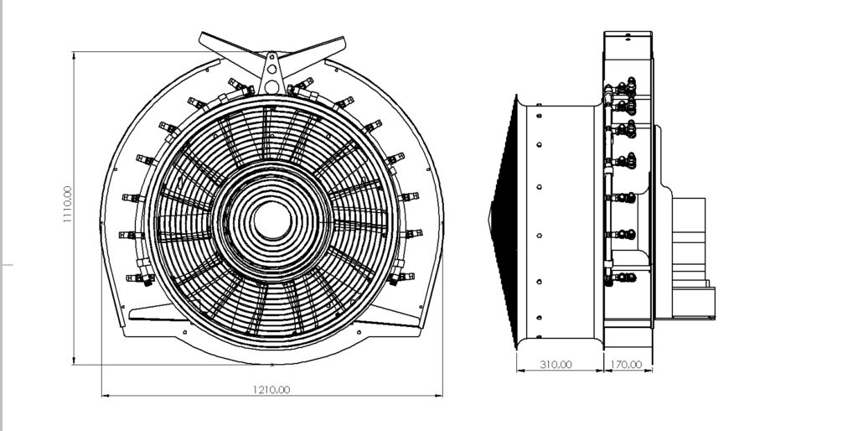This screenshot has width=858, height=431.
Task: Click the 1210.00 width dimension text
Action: pos(272,389)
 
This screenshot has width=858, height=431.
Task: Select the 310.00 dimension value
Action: pos(556,365)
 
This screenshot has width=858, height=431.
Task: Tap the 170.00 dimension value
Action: pos(626,365)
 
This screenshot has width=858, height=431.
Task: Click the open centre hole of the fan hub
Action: pos(273,219)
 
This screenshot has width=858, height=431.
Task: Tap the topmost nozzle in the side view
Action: pos(624,85)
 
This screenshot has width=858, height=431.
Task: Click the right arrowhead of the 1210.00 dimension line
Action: pos(440,395)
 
